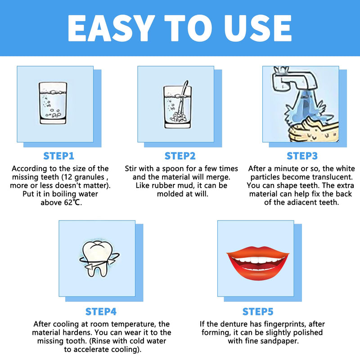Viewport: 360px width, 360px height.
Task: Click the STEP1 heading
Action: click(x=59, y=156)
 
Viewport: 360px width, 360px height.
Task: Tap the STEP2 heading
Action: click(x=180, y=156)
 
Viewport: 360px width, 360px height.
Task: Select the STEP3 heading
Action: click(x=302, y=156)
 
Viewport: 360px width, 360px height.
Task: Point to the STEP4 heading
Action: click(x=101, y=311)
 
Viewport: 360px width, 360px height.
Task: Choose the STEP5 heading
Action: click(x=258, y=311)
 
